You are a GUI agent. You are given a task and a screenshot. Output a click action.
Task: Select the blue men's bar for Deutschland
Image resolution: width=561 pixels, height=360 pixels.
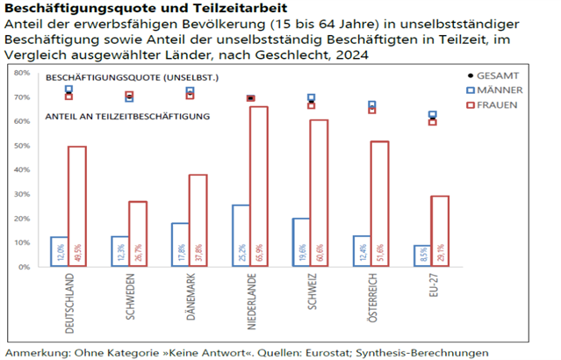tap(59, 251)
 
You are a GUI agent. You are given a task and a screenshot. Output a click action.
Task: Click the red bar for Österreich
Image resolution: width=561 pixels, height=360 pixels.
tap(379, 203)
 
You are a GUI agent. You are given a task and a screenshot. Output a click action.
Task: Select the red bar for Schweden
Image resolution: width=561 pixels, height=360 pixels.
tap(138, 234)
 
